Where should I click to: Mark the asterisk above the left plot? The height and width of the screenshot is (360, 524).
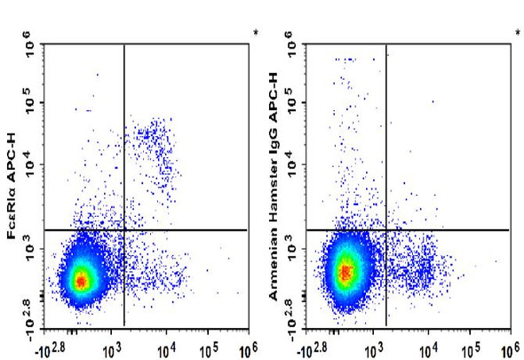[x=256, y=34]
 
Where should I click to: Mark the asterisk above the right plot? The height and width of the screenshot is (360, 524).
[x=518, y=34]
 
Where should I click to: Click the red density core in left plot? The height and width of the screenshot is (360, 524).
[x=81, y=281]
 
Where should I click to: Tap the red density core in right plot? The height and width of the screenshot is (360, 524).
[x=345, y=270]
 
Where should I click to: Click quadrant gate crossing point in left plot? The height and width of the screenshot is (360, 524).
[x=123, y=230]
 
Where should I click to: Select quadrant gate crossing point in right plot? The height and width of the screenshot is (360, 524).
[x=386, y=230]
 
